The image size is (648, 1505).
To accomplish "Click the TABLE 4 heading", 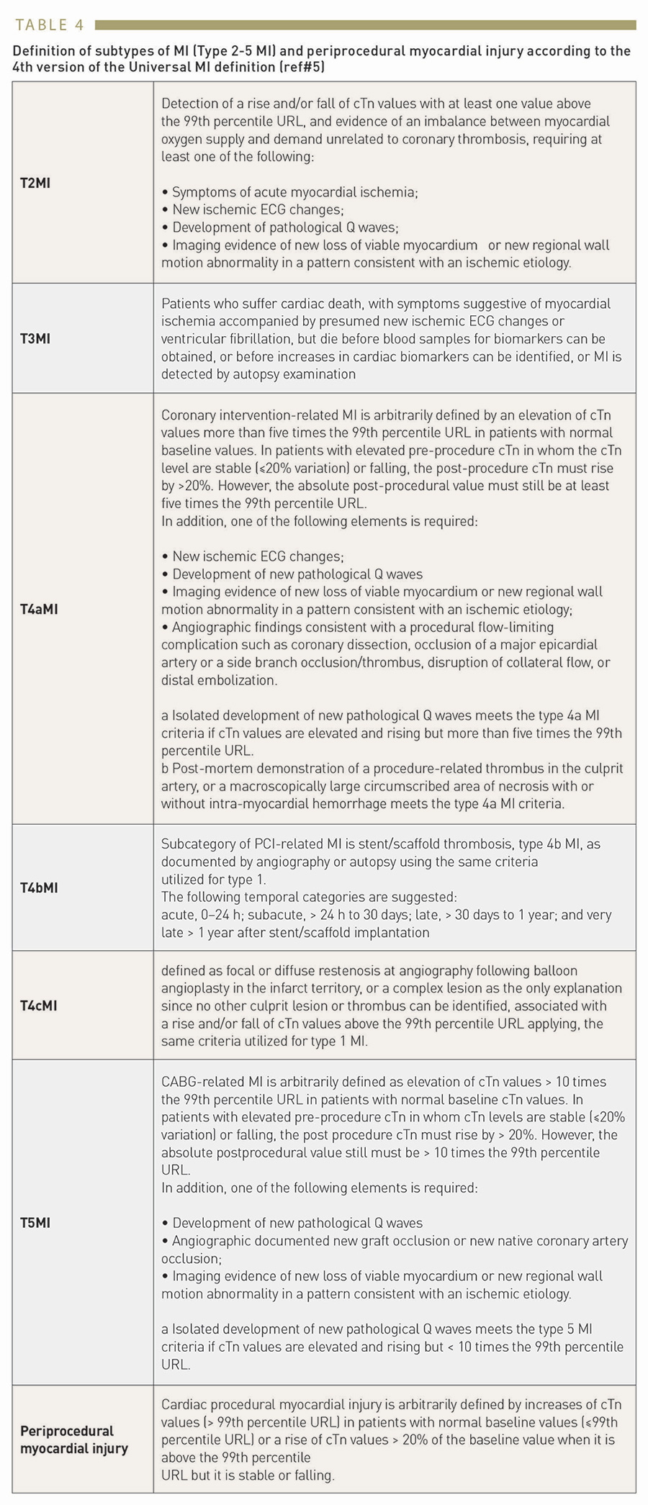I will tap(49, 25).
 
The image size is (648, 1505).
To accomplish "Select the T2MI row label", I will tap(35, 183).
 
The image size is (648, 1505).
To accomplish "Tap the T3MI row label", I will tap(35, 338).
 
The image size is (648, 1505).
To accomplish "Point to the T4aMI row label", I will tap(39, 609).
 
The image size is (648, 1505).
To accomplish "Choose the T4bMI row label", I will tap(39, 887).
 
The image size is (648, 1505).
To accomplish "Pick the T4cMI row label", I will tap(39, 1005).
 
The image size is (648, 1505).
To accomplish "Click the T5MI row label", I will tap(35, 1222).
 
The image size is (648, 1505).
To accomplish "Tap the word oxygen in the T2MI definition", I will tap(183, 139).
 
